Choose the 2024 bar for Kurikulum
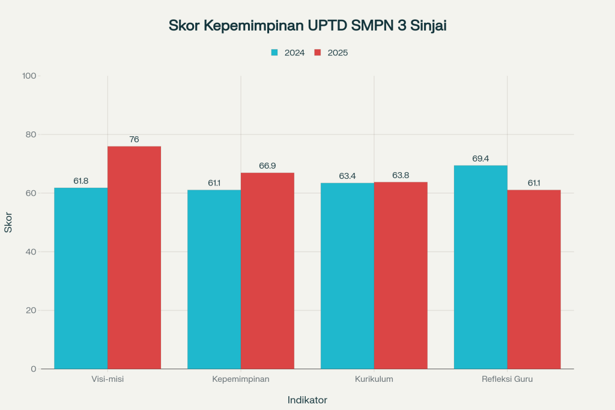tap(347, 276)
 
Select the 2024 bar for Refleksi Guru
tap(480, 267)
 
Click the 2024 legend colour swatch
tap(274, 53)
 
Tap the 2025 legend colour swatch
tap(318, 53)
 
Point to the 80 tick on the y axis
tap(29, 134)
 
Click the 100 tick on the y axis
tap(29, 76)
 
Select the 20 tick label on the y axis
tap(30, 310)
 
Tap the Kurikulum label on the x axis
tap(374, 379)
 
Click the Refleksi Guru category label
tap(507, 379)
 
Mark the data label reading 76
tap(134, 139)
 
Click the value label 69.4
tap(480, 158)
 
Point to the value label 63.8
tap(401, 175)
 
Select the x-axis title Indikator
tap(307, 400)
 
